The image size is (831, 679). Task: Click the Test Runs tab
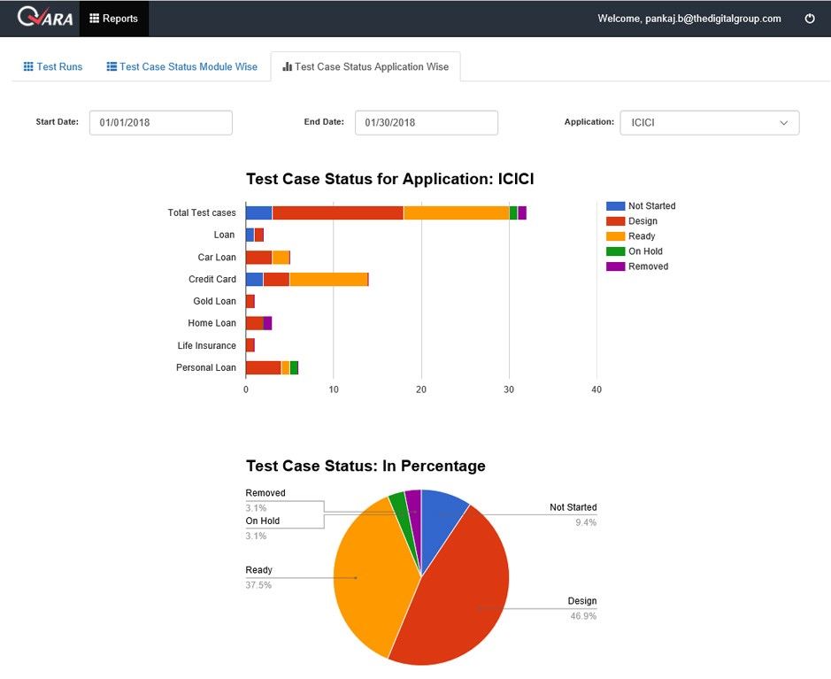tap(52, 66)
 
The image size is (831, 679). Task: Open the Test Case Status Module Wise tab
tap(181, 66)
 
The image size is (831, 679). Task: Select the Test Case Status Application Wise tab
tap(365, 66)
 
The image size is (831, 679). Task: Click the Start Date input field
tap(160, 122)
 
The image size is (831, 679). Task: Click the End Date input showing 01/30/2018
tap(426, 122)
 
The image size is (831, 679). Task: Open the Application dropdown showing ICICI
tap(709, 122)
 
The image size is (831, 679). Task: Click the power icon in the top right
tap(809, 19)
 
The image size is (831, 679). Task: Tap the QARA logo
tap(45, 18)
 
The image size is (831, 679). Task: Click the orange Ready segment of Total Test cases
tap(456, 212)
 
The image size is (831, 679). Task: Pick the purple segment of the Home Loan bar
tap(267, 323)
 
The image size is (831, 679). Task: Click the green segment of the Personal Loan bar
tap(294, 367)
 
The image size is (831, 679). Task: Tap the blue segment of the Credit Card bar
tap(254, 279)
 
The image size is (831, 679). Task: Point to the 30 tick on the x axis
tap(509, 390)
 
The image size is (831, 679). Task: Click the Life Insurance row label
tap(206, 345)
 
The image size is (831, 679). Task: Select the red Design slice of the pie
tap(460, 593)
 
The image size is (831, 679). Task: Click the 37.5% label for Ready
tap(258, 585)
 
